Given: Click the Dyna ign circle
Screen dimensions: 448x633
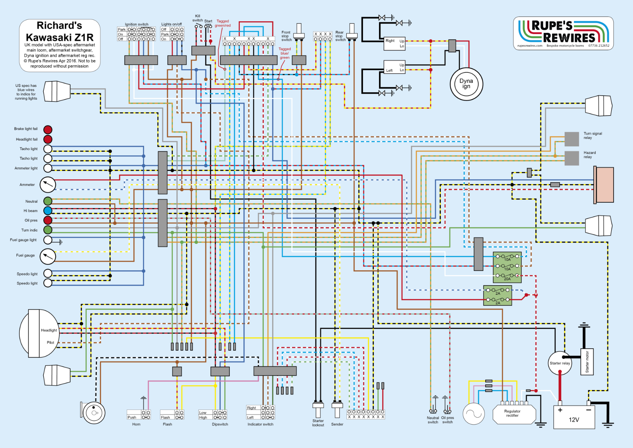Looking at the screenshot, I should [x=466, y=84].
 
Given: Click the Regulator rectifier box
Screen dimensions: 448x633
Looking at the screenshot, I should [x=514, y=414].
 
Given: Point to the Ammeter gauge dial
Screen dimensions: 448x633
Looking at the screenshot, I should [x=48, y=184].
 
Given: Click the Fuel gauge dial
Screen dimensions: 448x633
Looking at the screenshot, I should [x=48, y=256].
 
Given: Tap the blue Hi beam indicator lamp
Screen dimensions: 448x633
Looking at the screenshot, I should [x=48, y=211].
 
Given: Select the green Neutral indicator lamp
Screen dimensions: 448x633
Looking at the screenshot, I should [x=48, y=201].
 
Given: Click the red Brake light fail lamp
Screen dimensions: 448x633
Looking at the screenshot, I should [x=48, y=130].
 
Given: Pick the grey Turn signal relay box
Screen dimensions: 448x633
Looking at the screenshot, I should [x=571, y=139].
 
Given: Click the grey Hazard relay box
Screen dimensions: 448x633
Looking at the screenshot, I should [x=571, y=158].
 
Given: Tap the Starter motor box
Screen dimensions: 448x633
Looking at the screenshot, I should [x=587, y=361].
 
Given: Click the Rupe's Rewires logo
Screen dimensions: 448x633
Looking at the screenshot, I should [x=563, y=33].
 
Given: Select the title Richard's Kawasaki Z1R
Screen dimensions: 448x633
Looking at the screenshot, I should [x=60, y=31].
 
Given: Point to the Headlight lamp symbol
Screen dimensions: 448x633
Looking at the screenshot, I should [x=39, y=333].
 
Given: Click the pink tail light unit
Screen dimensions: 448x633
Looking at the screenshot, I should [x=604, y=185].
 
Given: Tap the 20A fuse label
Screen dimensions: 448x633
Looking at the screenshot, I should [x=507, y=279].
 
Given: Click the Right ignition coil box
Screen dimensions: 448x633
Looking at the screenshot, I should [x=395, y=43].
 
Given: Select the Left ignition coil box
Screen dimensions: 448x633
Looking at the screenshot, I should [x=395, y=68].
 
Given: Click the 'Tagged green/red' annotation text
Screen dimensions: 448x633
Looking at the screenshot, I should [x=223, y=24].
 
